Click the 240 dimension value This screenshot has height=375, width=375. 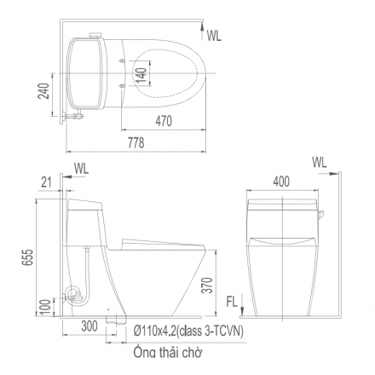43,91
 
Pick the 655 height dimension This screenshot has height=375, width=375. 28,257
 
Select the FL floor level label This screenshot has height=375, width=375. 232,301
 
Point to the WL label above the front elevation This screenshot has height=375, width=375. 320,162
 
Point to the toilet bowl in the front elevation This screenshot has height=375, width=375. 281,273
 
